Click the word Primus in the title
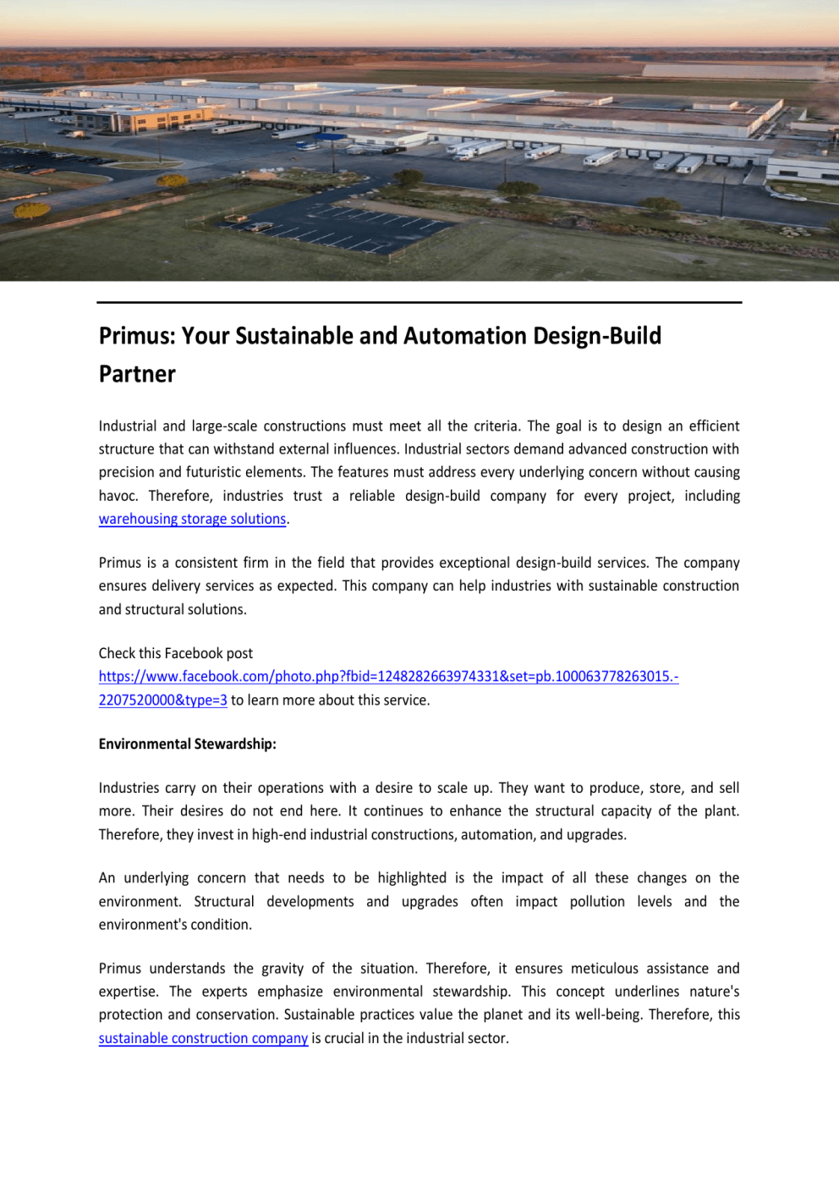pyautogui.click(x=136, y=336)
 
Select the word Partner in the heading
pyautogui.click(x=137, y=374)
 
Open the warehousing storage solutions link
pyautogui.click(x=192, y=519)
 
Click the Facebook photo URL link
pyautogui.click(x=388, y=677)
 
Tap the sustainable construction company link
pyautogui.click(x=203, y=1038)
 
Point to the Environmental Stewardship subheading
pyautogui.click(x=187, y=744)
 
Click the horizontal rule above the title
pyautogui.click(x=419, y=302)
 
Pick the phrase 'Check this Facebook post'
pyautogui.click(x=175, y=653)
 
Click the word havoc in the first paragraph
pyautogui.click(x=118, y=496)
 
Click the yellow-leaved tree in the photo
pyautogui.click(x=31, y=210)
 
